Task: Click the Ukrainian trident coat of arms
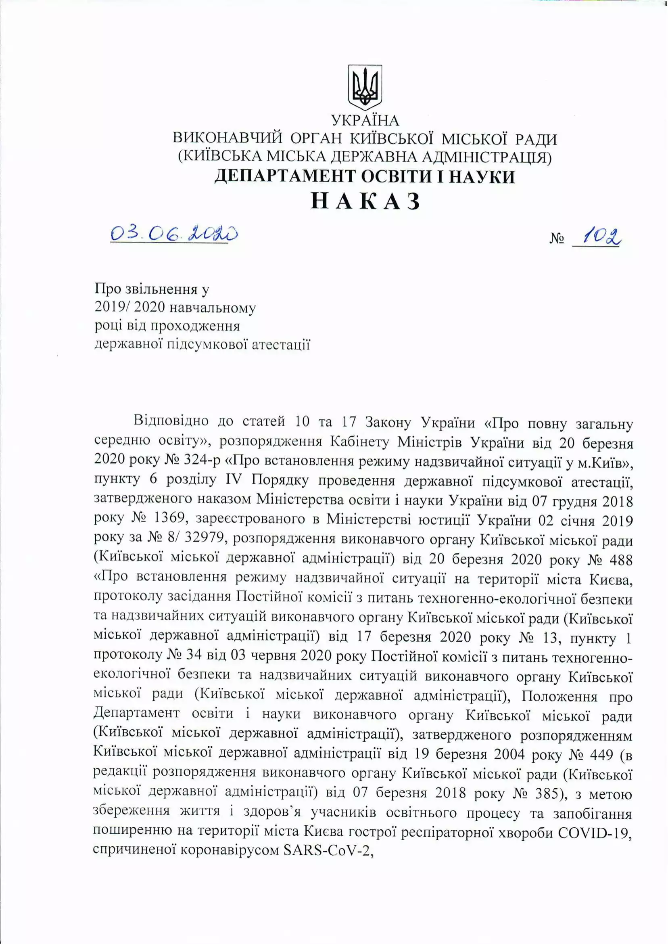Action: pos(365,87)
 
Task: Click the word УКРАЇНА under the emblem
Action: pos(365,121)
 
